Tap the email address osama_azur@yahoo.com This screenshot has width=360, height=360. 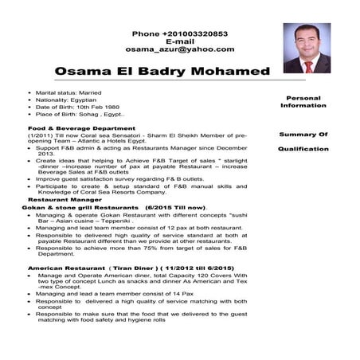click(x=179, y=49)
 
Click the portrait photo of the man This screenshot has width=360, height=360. click(x=306, y=49)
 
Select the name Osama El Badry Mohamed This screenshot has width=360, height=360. click(x=162, y=72)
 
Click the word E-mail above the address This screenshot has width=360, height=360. click(x=179, y=41)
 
